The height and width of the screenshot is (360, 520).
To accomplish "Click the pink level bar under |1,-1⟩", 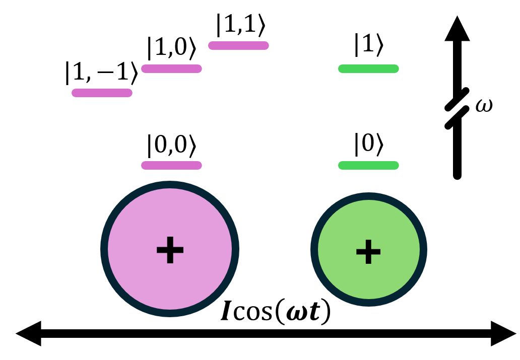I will [102, 93].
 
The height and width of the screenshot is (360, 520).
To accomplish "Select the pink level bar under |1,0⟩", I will [171, 69].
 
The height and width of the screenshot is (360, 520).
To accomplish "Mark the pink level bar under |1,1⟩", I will [238, 45].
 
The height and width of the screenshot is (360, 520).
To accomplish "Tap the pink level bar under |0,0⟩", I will [171, 165].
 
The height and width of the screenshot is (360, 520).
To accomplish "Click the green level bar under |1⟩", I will [368, 68].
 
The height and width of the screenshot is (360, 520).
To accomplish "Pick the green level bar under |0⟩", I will [368, 165].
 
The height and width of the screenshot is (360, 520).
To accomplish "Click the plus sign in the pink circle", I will [170, 250].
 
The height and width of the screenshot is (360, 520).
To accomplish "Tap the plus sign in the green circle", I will [368, 251].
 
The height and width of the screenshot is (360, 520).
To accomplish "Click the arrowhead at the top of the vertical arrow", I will [457, 28].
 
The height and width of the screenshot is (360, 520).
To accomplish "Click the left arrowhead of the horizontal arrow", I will [28, 333].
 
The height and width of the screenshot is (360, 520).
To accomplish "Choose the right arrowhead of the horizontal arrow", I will [504, 333].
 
